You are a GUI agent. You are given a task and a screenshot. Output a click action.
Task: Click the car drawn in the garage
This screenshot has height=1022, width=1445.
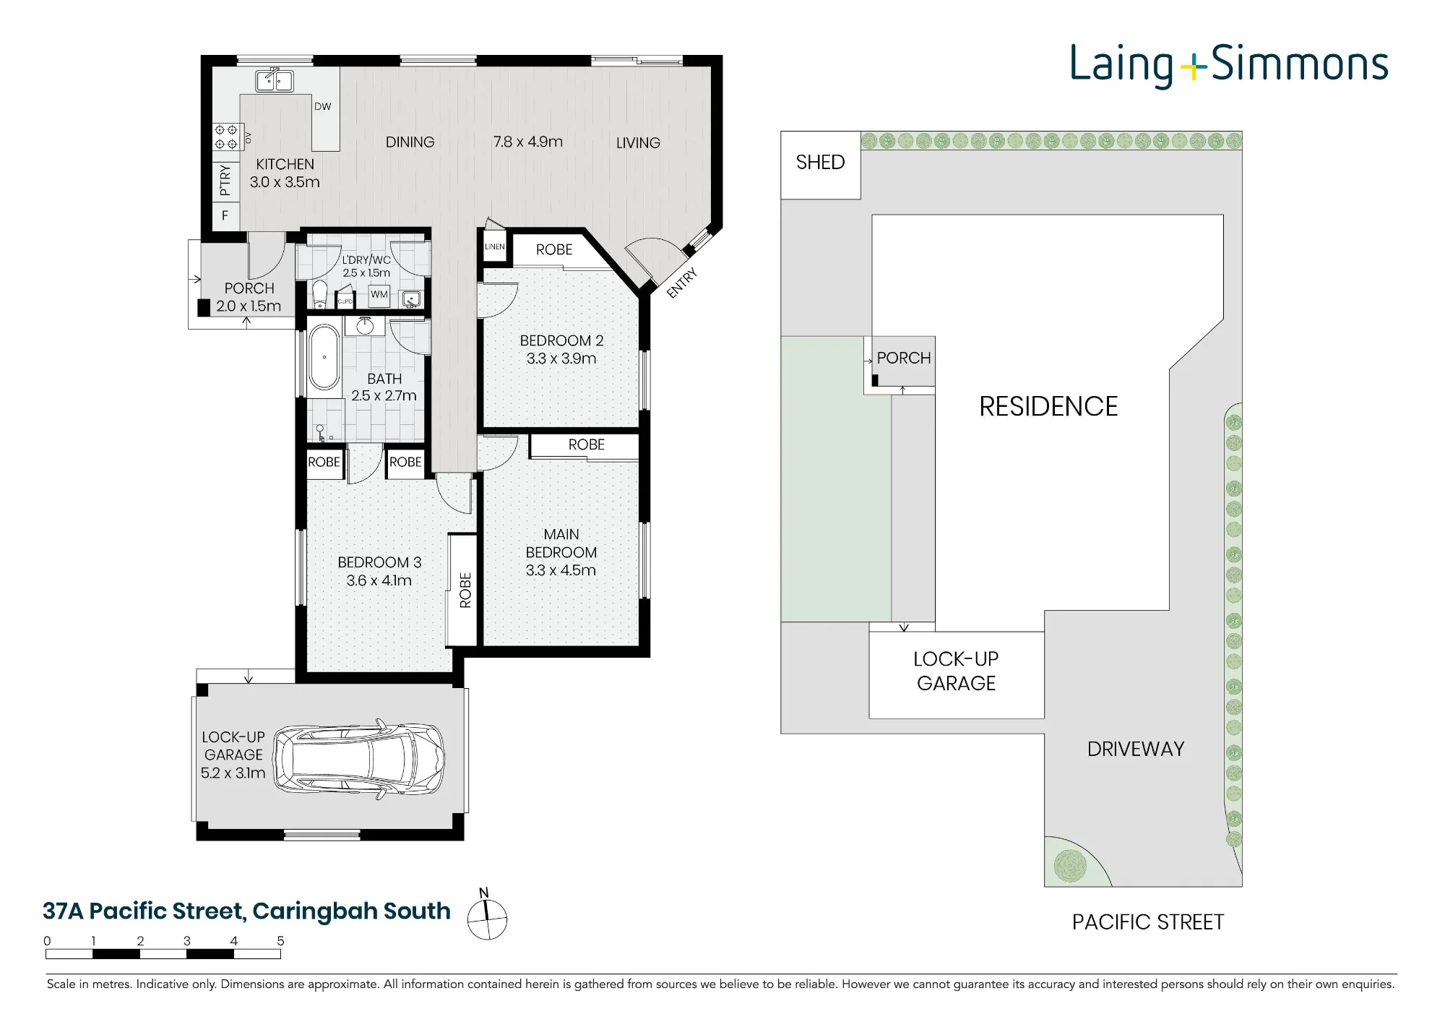358,760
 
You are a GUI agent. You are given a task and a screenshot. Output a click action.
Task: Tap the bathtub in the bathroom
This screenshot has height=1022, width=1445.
324,358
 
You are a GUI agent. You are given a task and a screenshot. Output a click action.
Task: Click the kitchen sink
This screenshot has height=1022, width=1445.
274,81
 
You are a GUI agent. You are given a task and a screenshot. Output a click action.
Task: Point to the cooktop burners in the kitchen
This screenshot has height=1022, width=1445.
225,137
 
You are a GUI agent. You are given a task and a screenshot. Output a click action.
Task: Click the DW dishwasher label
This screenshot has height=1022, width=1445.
322,106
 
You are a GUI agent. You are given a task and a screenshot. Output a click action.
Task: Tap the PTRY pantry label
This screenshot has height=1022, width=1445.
225,180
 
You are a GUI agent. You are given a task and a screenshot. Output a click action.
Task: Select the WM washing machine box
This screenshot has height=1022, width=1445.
379,295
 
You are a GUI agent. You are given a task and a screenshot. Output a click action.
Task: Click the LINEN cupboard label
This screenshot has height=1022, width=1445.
495,247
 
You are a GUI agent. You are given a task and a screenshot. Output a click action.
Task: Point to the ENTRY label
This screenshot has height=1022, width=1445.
681,283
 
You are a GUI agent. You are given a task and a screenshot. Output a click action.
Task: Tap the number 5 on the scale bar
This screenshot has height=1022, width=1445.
280,941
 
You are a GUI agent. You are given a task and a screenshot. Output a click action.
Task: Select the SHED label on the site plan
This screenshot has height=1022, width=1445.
820,163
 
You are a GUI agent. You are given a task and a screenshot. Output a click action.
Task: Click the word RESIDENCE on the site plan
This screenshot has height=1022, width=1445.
1048,407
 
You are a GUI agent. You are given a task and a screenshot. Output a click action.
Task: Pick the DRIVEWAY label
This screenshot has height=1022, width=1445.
1136,750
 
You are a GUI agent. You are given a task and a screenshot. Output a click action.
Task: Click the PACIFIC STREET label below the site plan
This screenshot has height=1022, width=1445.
1148,923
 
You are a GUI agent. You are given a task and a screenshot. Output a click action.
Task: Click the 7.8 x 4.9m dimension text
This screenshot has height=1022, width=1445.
528,142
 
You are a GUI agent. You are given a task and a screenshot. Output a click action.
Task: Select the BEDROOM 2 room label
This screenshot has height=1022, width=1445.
561,341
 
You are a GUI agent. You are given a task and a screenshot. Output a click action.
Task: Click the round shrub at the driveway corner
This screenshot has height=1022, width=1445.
1071,866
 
